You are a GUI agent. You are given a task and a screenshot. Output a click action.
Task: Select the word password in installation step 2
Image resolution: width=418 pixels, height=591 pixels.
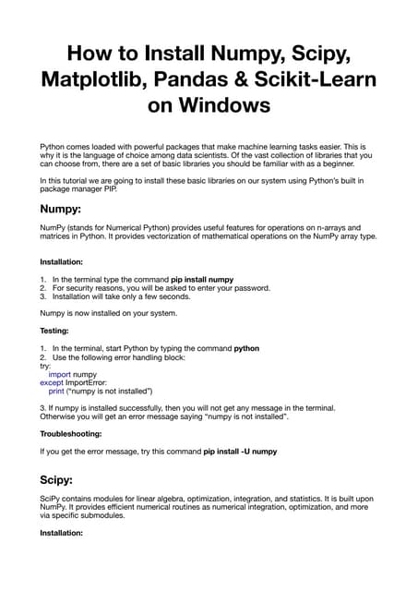pyautogui.click(x=248, y=287)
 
